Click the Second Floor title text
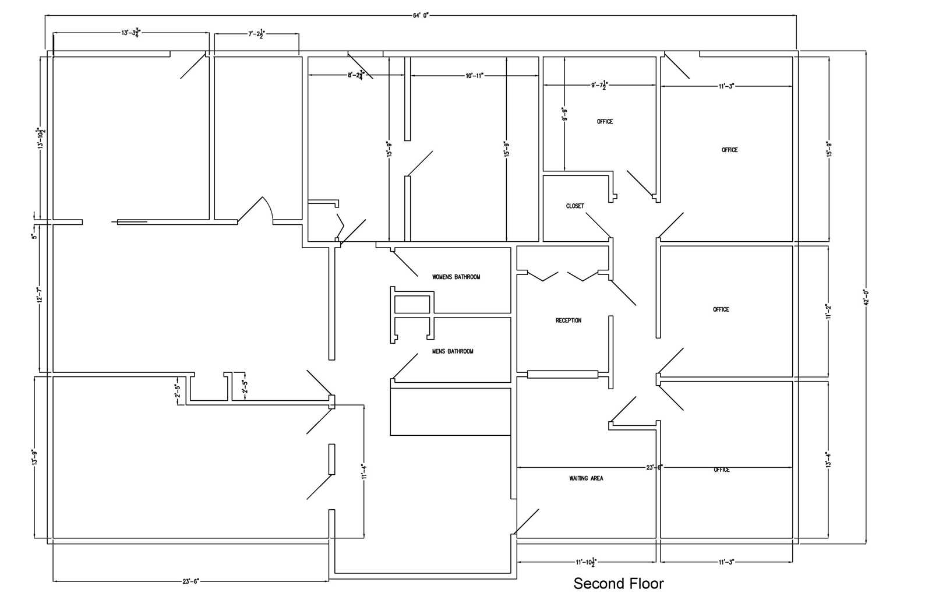click(618, 583)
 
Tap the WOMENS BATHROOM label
click(456, 277)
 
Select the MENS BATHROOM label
click(453, 351)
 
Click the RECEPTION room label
click(568, 320)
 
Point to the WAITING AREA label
click(586, 478)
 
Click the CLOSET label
click(574, 206)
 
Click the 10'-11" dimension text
click(475, 76)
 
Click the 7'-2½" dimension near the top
click(256, 34)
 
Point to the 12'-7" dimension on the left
click(40, 295)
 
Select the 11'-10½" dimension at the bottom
click(585, 562)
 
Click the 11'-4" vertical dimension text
click(364, 471)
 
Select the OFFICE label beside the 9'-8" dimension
click(605, 122)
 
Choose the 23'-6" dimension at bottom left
click(190, 581)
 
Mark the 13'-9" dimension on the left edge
click(35, 458)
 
